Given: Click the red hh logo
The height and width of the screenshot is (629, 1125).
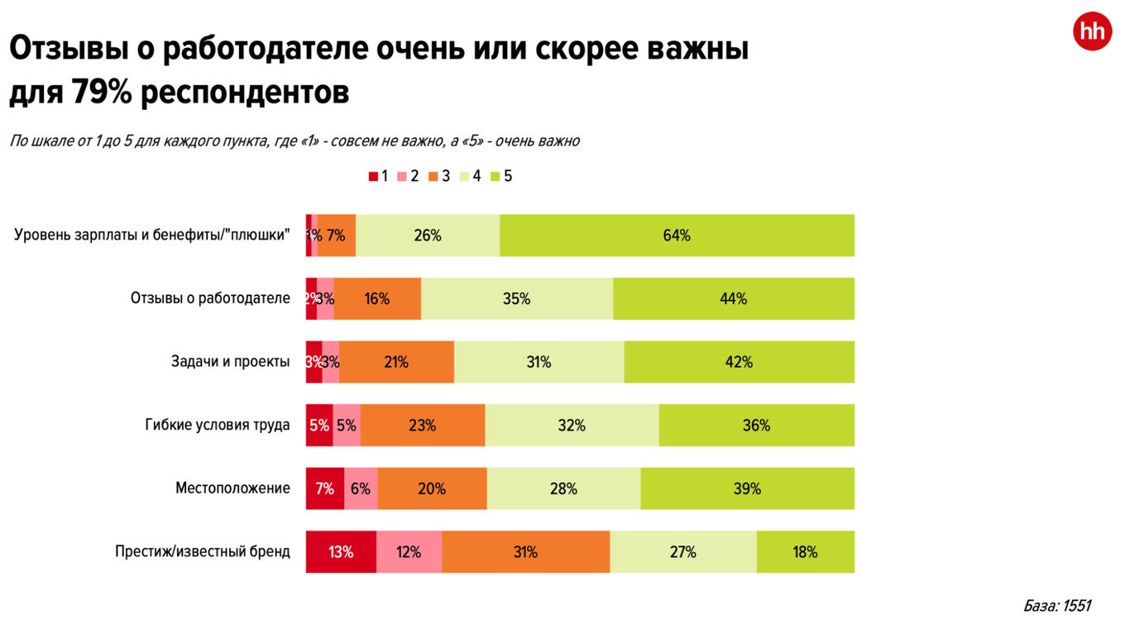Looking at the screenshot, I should coord(1092,31).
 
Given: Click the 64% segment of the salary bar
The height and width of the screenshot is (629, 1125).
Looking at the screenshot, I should coord(677,236).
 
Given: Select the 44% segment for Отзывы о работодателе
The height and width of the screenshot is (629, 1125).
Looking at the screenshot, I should coord(733,298).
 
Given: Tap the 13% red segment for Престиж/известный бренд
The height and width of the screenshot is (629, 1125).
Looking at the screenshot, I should coord(341,552).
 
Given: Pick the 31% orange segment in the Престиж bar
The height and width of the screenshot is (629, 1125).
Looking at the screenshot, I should coord(525,552).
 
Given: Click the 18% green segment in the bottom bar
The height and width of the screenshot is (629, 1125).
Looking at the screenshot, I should coord(805,552).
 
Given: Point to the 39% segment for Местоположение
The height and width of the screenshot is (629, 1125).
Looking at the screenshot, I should coord(747,488).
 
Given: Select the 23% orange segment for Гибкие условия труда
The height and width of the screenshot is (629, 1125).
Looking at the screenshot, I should coord(422,426).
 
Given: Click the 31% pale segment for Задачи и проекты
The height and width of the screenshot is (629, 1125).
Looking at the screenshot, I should coord(539,362).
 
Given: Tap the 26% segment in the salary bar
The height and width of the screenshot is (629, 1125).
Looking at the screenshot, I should coord(428,236).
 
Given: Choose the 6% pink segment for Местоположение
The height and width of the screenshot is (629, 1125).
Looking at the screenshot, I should coord(361,488).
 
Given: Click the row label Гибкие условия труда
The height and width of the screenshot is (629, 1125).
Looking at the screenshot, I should coord(218,426).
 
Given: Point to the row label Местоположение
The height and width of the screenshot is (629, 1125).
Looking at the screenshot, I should coord(232,488).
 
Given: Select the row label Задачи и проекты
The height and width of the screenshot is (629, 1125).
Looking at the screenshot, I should coord(230,362).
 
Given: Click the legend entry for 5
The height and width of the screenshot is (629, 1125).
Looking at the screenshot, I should coord(502,176).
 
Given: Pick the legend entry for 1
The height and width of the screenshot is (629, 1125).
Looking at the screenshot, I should coord(379,176).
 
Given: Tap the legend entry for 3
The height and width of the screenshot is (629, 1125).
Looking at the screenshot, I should coord(439,176).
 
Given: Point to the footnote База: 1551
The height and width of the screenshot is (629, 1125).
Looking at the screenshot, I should coord(1056,606).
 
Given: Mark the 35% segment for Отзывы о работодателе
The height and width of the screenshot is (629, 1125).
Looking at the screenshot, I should coord(516,298).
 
